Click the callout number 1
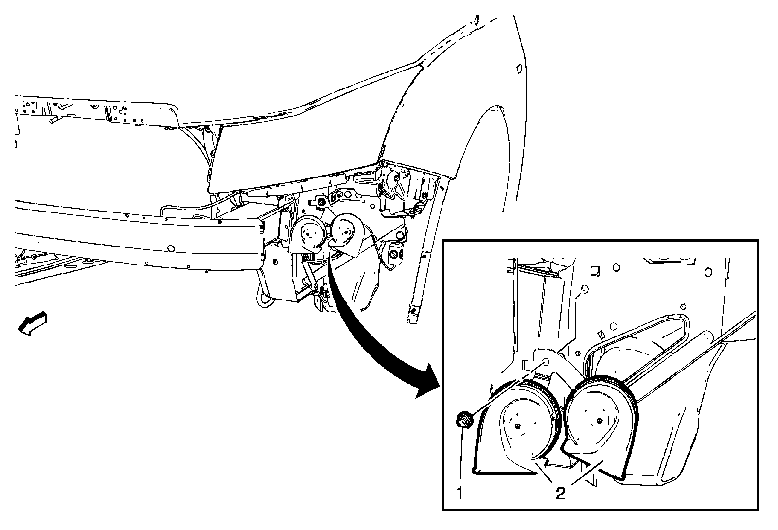coord(460,494)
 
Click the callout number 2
coord(561,494)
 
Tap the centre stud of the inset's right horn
coord(599,420)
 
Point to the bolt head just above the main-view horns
coord(321,201)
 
